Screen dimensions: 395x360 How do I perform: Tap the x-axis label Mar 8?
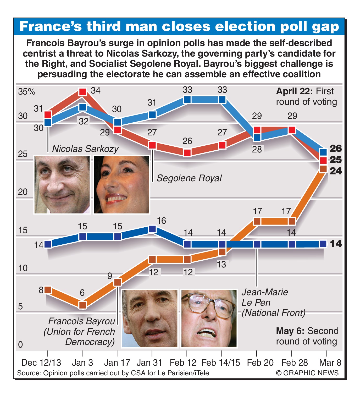coord(330,363)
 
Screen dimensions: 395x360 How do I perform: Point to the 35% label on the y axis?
coord(26,92)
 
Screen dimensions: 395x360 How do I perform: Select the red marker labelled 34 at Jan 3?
coord(83,92)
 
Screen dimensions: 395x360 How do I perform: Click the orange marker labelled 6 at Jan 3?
coord(83,305)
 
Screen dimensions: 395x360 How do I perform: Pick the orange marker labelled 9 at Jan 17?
coord(118,282)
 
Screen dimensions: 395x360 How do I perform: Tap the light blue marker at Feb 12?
coord(187,100)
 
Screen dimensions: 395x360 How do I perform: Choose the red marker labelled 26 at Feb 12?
coord(187,153)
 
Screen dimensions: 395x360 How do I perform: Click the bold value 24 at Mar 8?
coord(336,171)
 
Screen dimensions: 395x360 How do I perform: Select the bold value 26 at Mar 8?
coord(336,149)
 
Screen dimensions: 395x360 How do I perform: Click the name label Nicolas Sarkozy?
coord(85,149)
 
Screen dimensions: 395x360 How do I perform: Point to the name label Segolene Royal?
coord(189,178)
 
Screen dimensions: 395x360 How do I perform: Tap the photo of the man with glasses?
coord(209,319)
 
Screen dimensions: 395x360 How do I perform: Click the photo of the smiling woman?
coord(121,184)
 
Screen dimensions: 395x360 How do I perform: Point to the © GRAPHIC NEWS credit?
coord(307,373)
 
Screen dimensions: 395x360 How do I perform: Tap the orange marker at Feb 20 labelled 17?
coord(257,221)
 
